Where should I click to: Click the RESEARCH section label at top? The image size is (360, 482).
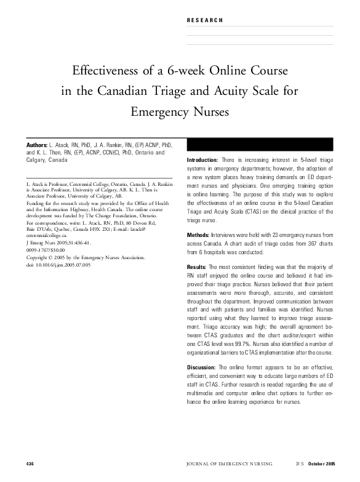click(x=205, y=20)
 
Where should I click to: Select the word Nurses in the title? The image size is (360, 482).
click(x=210, y=113)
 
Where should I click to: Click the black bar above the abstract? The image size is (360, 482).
click(x=258, y=145)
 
